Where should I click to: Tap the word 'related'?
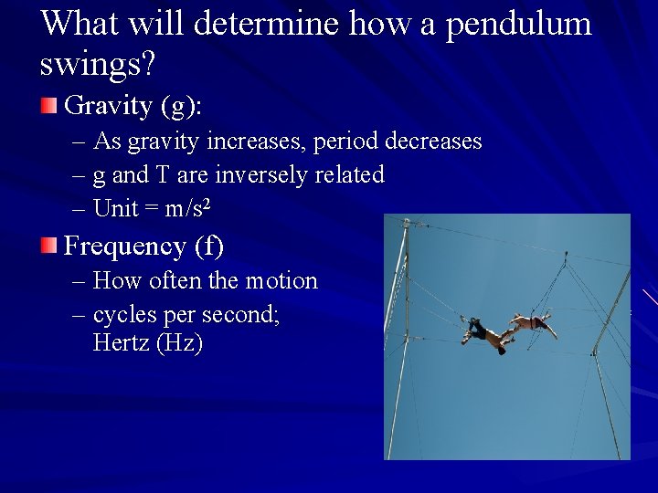pos(349,173)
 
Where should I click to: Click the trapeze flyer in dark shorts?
pos(483,333)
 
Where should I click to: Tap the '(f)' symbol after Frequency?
pos(208,246)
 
